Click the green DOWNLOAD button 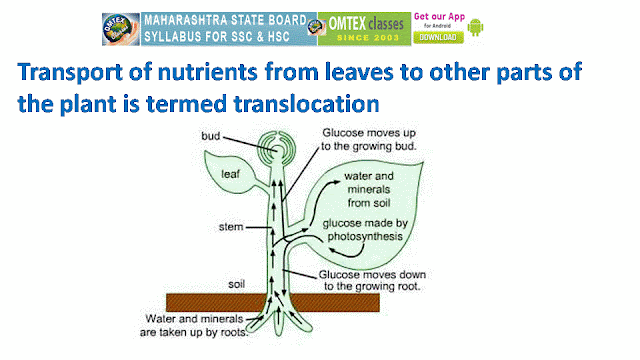[x=438, y=37]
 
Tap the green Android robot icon [x=475, y=27]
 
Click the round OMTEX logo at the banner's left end [x=121, y=29]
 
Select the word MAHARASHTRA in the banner [x=186, y=20]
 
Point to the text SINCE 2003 [x=368, y=38]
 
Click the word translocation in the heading [x=307, y=104]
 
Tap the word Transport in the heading [x=70, y=72]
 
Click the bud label [x=210, y=136]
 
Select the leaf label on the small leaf [x=230, y=174]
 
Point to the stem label [x=231, y=227]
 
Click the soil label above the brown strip [x=236, y=284]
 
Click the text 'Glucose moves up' [x=369, y=133]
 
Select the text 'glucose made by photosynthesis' [x=365, y=230]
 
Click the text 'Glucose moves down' [x=372, y=274]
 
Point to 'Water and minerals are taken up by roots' [x=194, y=325]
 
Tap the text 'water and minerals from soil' [x=369, y=189]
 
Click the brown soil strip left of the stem [x=216, y=302]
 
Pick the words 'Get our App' [x=439, y=17]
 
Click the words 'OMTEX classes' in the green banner [x=366, y=24]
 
